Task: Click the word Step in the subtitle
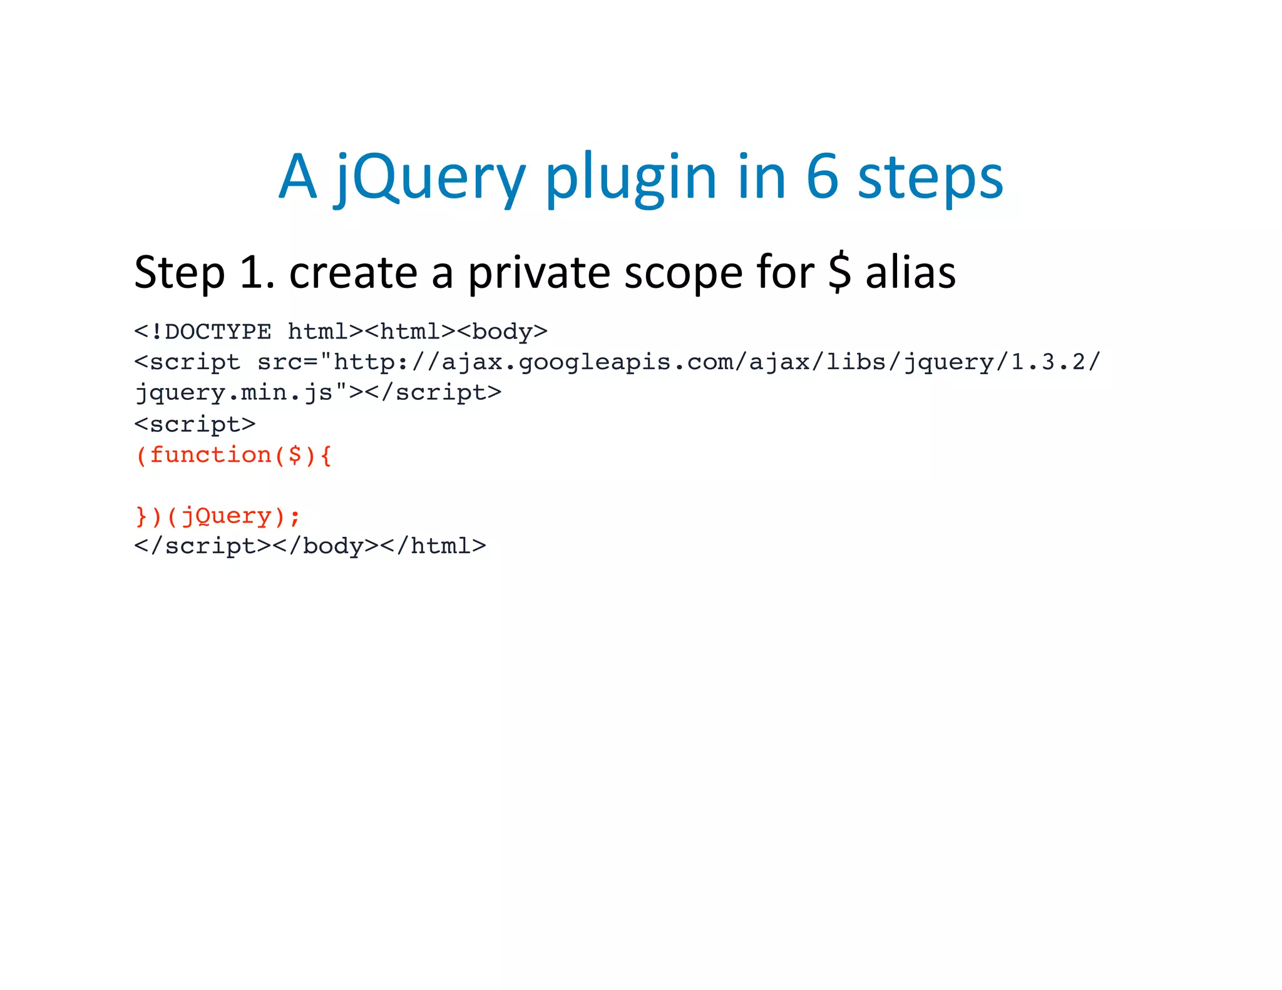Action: tap(179, 273)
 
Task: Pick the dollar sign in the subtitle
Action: tap(839, 273)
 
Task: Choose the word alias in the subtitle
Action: tap(911, 273)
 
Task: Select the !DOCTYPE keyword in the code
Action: tap(210, 331)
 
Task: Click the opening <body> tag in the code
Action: tap(503, 331)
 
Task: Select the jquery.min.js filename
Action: tap(234, 392)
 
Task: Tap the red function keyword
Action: tap(210, 454)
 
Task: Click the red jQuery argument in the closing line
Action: tap(226, 516)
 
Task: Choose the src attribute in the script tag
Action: tap(280, 362)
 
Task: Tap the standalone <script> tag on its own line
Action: tap(195, 424)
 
